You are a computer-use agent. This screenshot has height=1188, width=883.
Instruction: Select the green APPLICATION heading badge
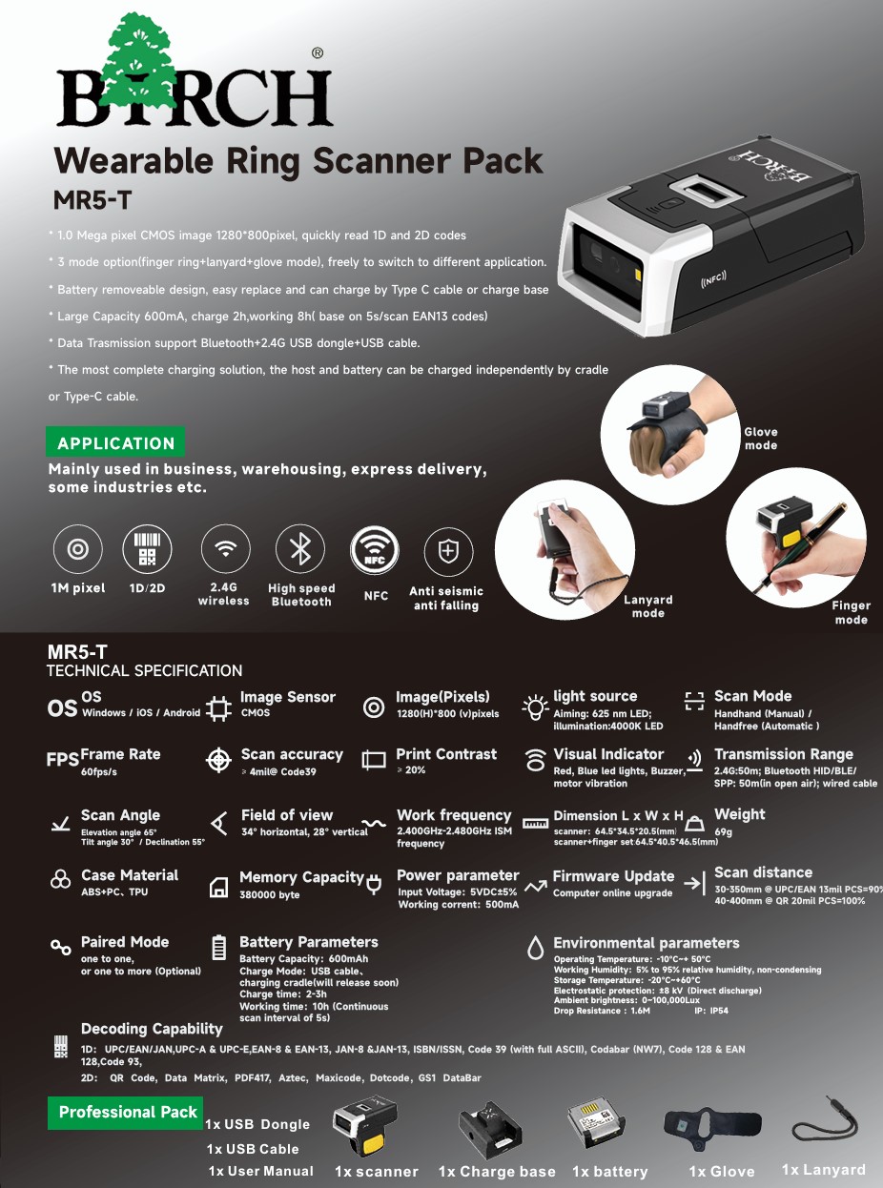click(115, 442)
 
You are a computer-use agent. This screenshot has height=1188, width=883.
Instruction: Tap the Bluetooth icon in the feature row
click(300, 549)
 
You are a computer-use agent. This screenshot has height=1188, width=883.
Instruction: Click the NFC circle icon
click(375, 550)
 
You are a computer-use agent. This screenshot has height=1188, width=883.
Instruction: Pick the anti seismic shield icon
click(448, 550)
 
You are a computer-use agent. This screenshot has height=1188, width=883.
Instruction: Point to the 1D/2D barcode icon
click(148, 549)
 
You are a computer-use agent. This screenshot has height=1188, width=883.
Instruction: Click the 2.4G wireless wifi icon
click(226, 549)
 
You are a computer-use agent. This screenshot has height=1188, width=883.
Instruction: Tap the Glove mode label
click(761, 439)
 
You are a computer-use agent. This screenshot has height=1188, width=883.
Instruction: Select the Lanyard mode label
click(647, 606)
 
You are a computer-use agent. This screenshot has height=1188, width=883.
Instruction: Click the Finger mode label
click(851, 613)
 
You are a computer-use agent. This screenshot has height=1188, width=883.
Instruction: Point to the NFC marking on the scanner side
click(713, 278)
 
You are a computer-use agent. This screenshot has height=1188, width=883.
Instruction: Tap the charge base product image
click(490, 1130)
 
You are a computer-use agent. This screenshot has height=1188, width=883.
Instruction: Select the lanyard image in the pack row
click(826, 1124)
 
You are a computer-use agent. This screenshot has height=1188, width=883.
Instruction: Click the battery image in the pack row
click(596, 1126)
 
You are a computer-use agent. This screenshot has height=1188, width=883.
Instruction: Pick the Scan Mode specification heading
click(752, 696)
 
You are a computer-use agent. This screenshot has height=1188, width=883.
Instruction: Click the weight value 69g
click(723, 831)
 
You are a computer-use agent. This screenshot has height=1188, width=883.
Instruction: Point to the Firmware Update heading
click(613, 876)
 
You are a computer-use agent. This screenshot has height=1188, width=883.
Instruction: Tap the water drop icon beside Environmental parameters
click(535, 948)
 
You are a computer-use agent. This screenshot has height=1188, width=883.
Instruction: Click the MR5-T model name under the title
click(92, 200)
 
